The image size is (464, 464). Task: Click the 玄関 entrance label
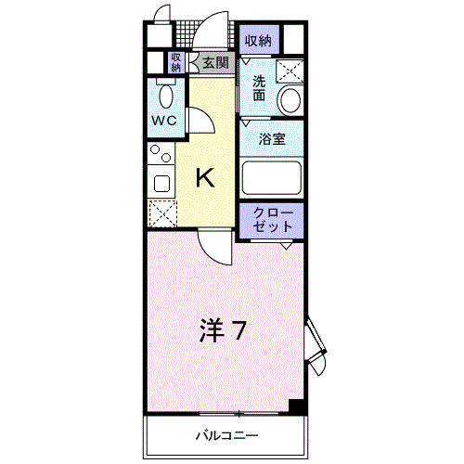(x=215, y=63)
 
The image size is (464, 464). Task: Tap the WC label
(x=164, y=121)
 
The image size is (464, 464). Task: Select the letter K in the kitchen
(x=205, y=177)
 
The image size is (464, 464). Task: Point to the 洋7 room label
(x=223, y=330)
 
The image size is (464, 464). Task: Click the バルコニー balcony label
(x=226, y=436)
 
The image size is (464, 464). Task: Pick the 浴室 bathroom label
(x=272, y=139)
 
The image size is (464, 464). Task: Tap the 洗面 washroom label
(x=259, y=88)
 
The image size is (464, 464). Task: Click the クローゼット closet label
(x=273, y=220)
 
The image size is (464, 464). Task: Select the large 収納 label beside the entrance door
(x=258, y=41)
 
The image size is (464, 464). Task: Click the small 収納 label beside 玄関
(x=175, y=62)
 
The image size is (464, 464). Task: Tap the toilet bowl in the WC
(x=166, y=97)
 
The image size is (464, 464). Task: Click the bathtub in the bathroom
(x=272, y=177)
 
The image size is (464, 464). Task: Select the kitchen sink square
(x=161, y=184)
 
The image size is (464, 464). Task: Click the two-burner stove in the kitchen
(x=161, y=153)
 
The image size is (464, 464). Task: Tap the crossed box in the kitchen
(x=162, y=213)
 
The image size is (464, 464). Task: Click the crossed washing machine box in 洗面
(x=290, y=71)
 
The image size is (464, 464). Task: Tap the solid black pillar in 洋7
(x=296, y=406)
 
